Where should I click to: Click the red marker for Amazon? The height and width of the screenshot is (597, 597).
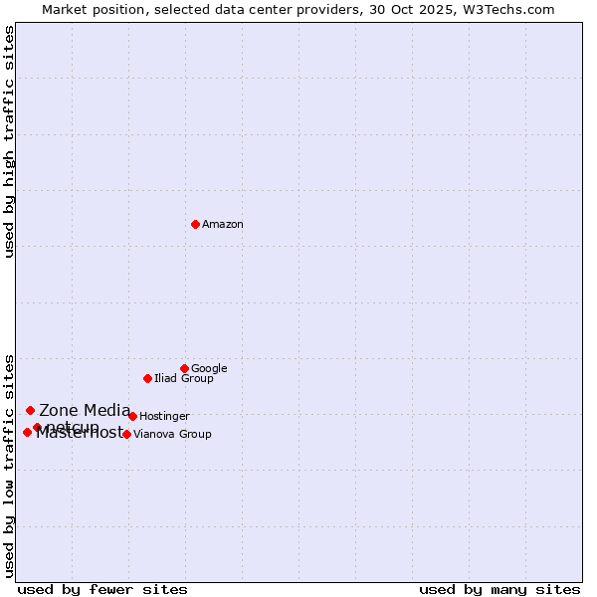(x=195, y=224)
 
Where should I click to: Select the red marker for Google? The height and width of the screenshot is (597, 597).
(x=184, y=368)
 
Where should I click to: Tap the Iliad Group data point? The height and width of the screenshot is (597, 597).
(x=147, y=378)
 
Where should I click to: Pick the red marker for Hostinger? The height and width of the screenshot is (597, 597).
(x=132, y=416)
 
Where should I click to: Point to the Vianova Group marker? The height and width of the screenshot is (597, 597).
(x=126, y=434)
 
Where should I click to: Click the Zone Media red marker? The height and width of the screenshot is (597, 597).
(x=30, y=410)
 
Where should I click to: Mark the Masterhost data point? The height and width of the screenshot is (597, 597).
(x=27, y=432)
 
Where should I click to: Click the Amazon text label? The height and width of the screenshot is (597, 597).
(x=223, y=225)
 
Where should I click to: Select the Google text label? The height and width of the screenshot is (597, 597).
(x=209, y=369)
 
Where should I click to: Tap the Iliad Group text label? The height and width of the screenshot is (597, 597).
(x=184, y=379)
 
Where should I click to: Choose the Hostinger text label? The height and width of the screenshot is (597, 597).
(x=164, y=417)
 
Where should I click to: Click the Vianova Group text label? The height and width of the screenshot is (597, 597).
(x=172, y=435)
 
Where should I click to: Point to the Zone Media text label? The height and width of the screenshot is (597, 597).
(x=85, y=410)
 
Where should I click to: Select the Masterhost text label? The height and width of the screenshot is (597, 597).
(x=79, y=433)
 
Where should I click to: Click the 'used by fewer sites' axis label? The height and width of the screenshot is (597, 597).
(x=102, y=589)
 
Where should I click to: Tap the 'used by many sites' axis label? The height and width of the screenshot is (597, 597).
(x=499, y=589)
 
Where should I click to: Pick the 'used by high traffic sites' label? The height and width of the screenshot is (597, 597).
(x=10, y=141)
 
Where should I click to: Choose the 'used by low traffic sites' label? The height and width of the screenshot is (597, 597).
(x=10, y=465)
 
